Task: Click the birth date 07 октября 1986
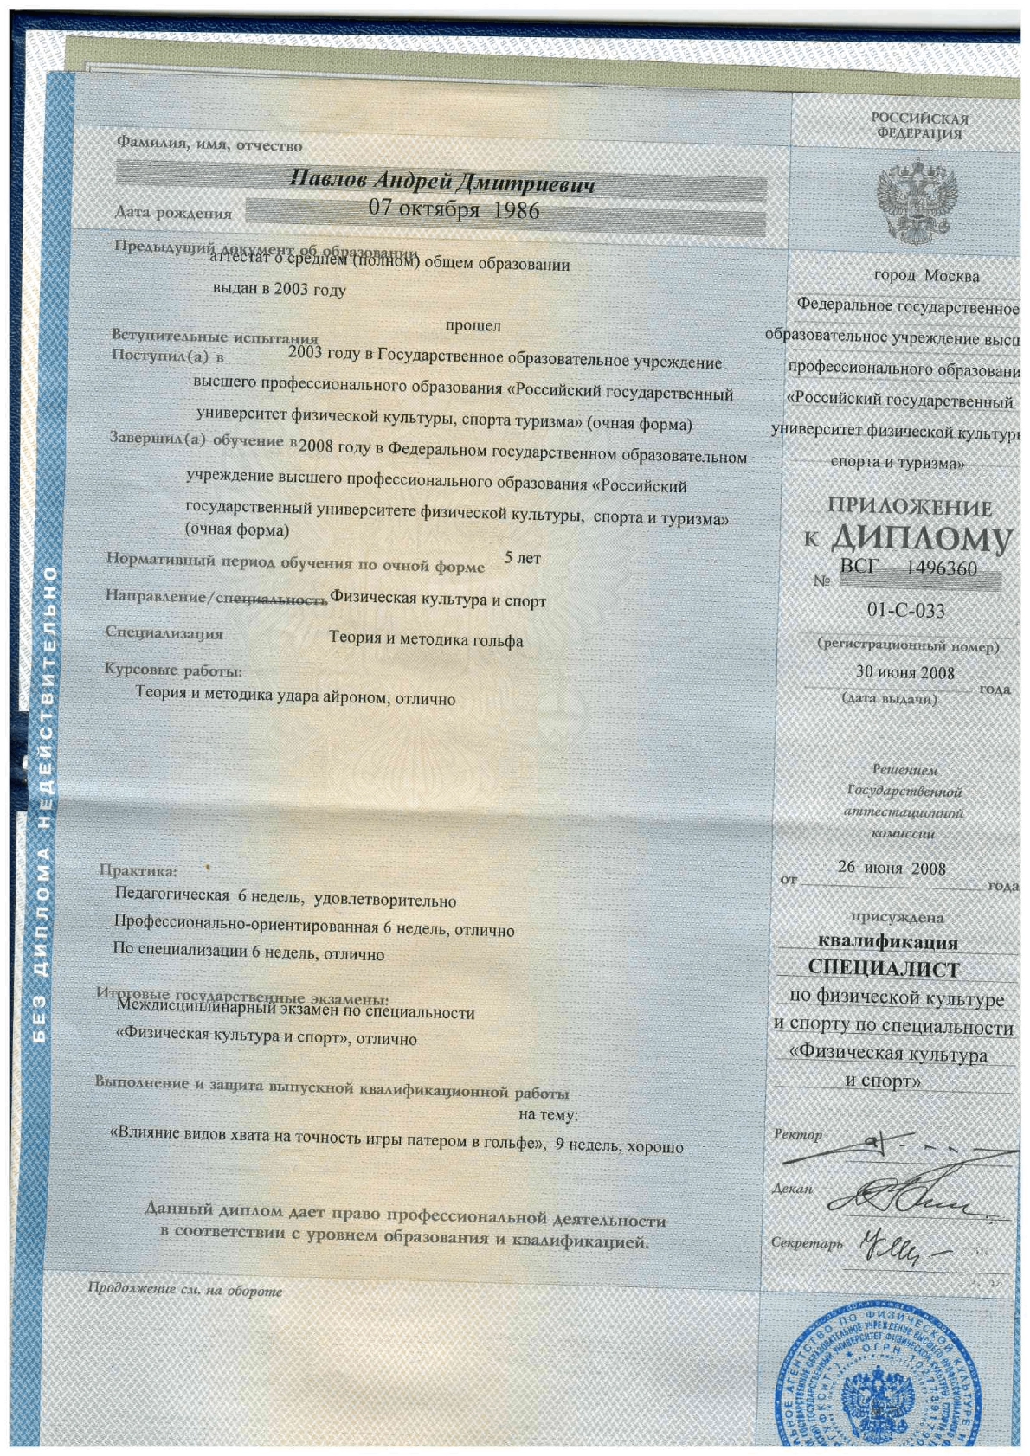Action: pos(454,209)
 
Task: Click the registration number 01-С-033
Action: pos(905,611)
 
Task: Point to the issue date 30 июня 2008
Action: pos(904,672)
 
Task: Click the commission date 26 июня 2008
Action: pos(892,868)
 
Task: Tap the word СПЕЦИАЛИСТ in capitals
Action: pos(884,968)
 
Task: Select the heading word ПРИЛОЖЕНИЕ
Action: pos(909,507)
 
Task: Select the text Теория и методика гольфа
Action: pos(425,640)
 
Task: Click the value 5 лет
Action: pos(522,559)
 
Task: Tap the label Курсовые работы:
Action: pos(173,670)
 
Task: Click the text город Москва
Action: pos(926,276)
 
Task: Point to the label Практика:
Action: pos(138,870)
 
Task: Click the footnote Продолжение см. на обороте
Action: pos(185,1290)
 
